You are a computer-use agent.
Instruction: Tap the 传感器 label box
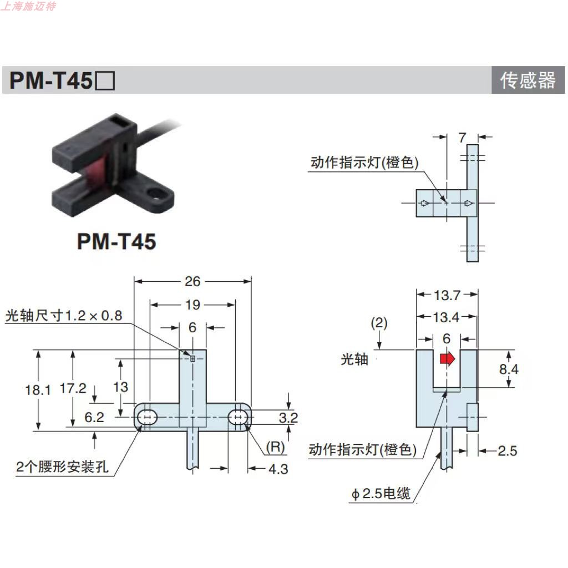pos(528,80)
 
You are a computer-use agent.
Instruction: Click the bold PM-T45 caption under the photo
pos(116,241)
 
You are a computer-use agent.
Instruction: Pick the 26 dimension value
pos(192,281)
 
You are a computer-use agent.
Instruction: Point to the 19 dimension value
pos(193,305)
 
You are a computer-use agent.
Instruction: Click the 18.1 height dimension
pos(38,390)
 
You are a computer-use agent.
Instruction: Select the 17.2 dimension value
pos(73,388)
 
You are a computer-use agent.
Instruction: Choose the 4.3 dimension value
pos(278,469)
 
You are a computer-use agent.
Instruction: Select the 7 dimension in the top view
pos(463,137)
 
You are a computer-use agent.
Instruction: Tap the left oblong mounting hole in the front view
pos(147,417)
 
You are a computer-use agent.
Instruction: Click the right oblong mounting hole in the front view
pos(239,417)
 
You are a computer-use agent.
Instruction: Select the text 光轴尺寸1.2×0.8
pos(63,316)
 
